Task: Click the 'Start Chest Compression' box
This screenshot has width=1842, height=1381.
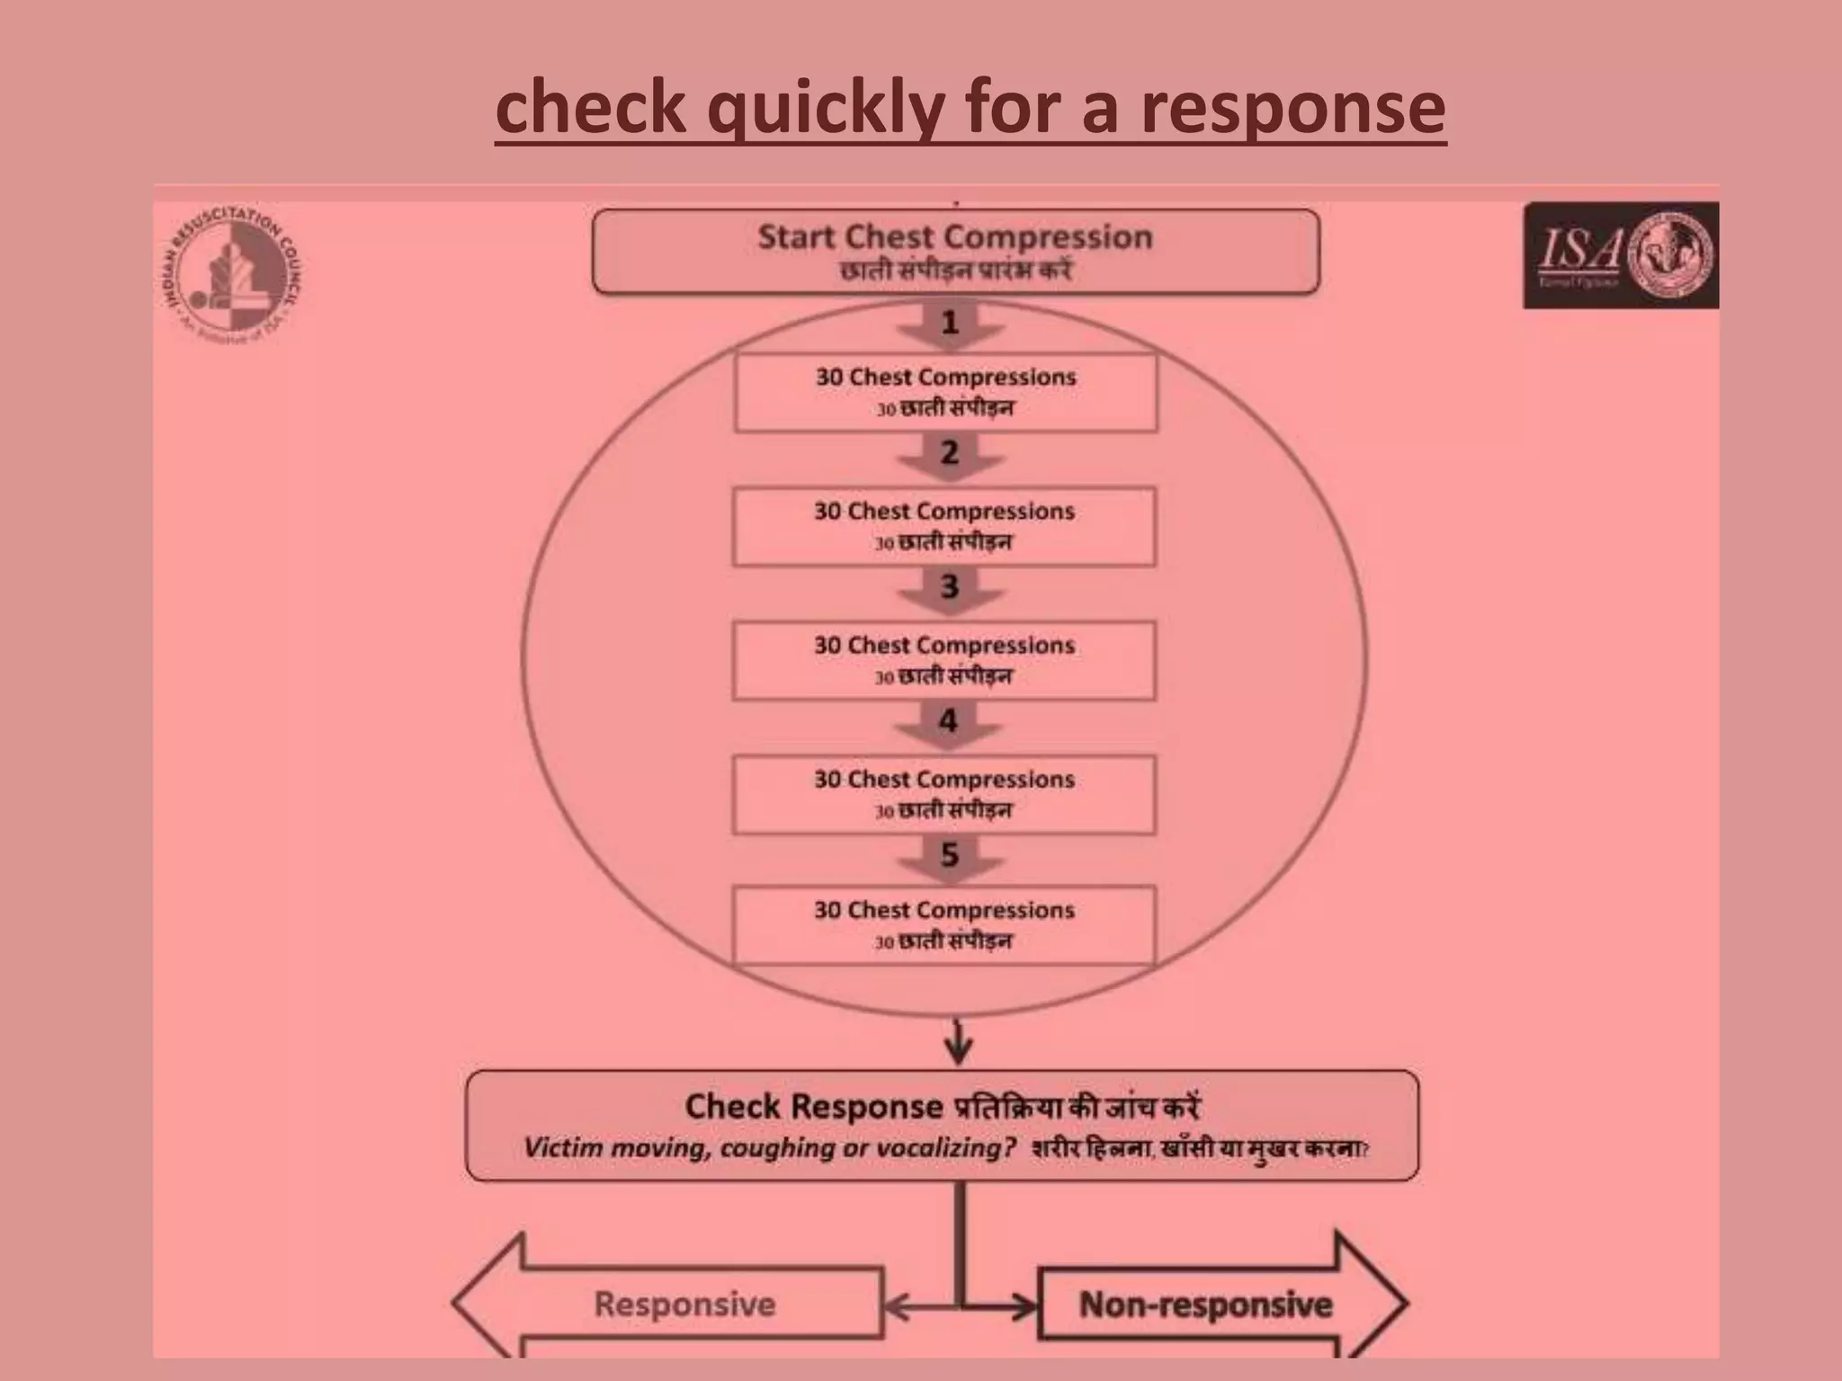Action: (955, 251)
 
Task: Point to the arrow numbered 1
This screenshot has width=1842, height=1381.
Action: (950, 324)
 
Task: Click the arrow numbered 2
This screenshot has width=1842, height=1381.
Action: (950, 454)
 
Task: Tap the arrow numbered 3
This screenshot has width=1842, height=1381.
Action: (950, 589)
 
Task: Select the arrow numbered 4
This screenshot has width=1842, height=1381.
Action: (948, 722)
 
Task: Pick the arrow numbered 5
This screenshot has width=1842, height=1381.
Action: (950, 856)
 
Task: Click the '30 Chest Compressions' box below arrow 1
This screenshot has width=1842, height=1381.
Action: (945, 392)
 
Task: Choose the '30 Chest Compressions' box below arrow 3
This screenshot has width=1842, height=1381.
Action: (943, 660)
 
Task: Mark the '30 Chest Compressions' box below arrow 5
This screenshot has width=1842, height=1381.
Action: (943, 925)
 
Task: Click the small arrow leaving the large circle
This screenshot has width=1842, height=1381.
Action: (959, 1043)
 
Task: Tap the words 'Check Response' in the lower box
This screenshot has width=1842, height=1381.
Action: (813, 1107)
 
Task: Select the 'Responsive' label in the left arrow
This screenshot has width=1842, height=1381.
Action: (684, 1305)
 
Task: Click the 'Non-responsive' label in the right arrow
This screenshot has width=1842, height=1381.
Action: (1205, 1305)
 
